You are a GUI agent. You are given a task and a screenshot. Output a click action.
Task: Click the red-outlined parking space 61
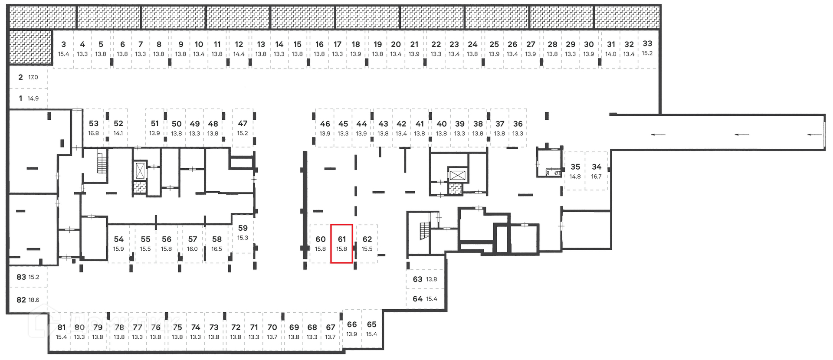coord(341,244)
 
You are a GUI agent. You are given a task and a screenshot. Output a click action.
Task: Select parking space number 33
coord(647,48)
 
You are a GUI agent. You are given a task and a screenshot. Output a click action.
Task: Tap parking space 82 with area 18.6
coord(28,300)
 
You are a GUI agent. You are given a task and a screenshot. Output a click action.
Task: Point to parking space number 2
coord(28,77)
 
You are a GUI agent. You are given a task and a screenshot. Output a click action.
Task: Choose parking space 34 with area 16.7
coord(597,171)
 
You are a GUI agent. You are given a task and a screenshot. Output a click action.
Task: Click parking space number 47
coord(243,128)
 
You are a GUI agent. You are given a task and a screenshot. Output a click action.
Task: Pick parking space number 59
coord(243,232)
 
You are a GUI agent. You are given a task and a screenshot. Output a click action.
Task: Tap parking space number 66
coord(352,329)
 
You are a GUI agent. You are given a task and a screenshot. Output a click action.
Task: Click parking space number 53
coord(94,128)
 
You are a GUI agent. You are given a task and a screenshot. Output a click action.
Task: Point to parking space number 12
coord(239,48)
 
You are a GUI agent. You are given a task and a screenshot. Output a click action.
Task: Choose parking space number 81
coord(61,332)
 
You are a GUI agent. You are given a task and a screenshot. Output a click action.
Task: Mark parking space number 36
coord(518,128)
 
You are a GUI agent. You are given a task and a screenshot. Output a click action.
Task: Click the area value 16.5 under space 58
coord(216,249)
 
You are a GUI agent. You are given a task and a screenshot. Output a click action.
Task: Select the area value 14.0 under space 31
coord(611,54)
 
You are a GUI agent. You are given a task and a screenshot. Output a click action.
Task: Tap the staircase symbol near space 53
coord(102,163)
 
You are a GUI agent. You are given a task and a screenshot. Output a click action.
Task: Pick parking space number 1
coord(28,98)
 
